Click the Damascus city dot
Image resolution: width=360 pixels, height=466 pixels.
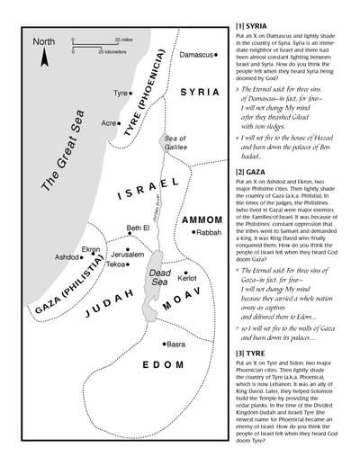pos(220,55)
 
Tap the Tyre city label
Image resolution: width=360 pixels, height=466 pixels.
pos(120,93)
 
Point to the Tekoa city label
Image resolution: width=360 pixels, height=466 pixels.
pos(117,264)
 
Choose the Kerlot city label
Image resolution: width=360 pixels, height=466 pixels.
pos(187,279)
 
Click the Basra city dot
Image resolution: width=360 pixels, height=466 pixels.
pos(162,344)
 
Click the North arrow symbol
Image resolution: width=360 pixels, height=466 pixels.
pos(43,58)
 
